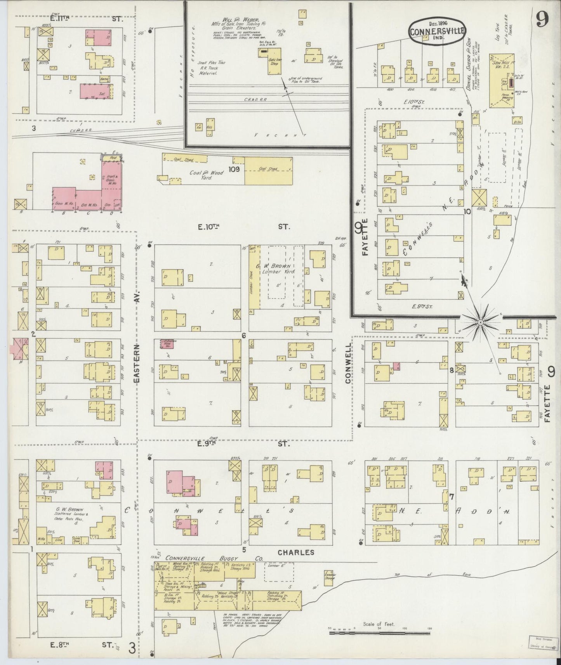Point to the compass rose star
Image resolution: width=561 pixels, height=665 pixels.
point(480,322)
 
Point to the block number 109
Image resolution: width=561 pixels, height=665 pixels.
point(234,169)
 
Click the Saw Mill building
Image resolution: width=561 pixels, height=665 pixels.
point(502,81)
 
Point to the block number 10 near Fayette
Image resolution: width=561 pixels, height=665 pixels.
point(467,211)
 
